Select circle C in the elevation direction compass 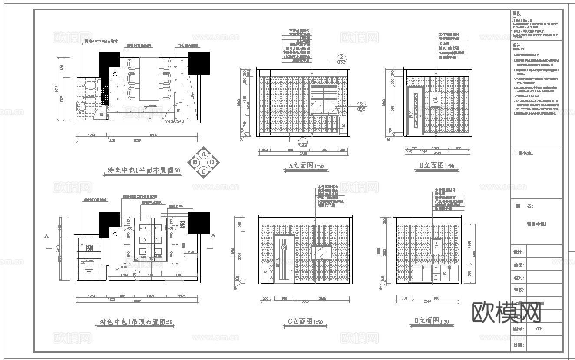point(203,171)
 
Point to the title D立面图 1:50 point(431,321)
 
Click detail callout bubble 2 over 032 point(342,59)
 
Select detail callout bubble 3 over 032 point(361,106)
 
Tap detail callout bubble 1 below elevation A point(302,142)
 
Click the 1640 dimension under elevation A point(289,150)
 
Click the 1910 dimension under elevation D point(436,299)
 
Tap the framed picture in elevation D point(436,246)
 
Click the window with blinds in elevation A point(324,98)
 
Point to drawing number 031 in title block point(539,329)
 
